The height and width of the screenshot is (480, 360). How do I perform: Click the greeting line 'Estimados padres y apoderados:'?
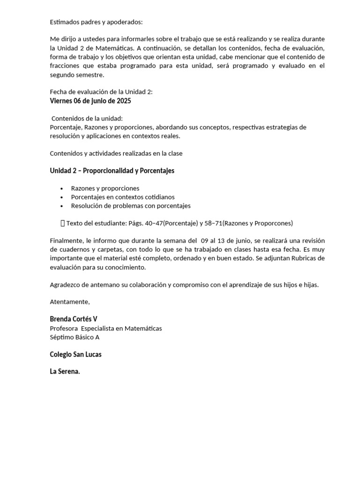tap(96, 22)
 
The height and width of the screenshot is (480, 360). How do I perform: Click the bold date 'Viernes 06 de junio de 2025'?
tap(90, 101)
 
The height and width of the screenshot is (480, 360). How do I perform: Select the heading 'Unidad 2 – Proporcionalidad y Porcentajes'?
tap(112, 171)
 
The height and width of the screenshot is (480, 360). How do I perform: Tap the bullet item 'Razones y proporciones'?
tap(105, 188)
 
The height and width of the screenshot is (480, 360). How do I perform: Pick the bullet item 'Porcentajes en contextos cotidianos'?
tap(123, 197)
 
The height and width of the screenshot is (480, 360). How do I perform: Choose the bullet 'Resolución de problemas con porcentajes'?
tap(131, 206)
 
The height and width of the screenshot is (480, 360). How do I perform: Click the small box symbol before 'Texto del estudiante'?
tap(63, 223)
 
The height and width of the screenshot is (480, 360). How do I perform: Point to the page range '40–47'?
tap(154, 223)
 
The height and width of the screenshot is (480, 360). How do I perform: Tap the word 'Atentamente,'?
tap(70, 301)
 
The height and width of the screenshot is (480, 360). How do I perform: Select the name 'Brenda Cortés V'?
tap(74, 319)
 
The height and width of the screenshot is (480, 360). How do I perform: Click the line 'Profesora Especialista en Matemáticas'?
tap(106, 328)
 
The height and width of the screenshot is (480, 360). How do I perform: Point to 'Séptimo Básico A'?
tap(75, 337)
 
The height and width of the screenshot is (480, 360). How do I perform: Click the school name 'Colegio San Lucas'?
tap(76, 354)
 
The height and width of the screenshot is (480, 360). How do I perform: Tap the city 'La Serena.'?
tap(65, 371)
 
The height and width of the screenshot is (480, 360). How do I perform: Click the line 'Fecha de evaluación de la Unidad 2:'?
tap(101, 92)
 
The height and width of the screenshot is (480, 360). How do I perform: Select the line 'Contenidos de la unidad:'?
tap(87, 118)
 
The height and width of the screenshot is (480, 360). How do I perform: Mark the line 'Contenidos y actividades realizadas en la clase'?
tap(116, 153)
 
